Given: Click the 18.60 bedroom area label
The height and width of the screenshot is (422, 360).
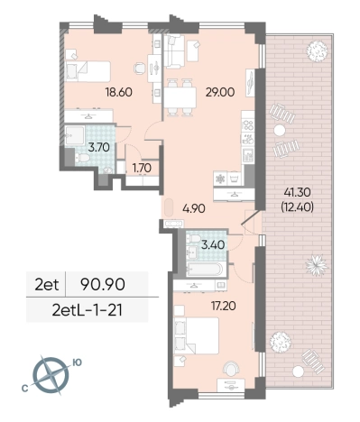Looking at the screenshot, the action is pyautogui.click(x=118, y=92).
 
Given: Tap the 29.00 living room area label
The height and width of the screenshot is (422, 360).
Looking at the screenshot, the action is pyautogui.click(x=220, y=92).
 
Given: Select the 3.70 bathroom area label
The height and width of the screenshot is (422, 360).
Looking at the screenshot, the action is pyautogui.click(x=98, y=148).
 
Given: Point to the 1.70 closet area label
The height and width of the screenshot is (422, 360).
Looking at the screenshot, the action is pyautogui.click(x=142, y=168).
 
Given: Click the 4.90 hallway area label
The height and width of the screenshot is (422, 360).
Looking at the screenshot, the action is pyautogui.click(x=194, y=208).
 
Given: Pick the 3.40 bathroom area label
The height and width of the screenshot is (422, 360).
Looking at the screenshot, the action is pyautogui.click(x=213, y=245).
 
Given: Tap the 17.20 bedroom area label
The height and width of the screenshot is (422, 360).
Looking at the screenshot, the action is pyautogui.click(x=223, y=307).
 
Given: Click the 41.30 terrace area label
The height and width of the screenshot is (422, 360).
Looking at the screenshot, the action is pyautogui.click(x=297, y=191).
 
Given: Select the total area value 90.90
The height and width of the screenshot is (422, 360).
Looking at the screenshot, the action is pyautogui.click(x=103, y=285).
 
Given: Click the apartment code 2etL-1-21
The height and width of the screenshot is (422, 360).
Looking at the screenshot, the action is pyautogui.click(x=88, y=310).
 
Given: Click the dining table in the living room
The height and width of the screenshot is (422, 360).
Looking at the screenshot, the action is pyautogui.click(x=180, y=97).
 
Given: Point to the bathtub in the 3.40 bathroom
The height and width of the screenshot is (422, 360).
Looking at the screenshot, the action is pyautogui.click(x=205, y=269).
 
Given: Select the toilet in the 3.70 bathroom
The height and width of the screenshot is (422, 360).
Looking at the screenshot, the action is pyautogui.click(x=82, y=157).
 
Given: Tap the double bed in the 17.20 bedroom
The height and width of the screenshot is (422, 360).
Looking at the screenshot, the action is pyautogui.click(x=197, y=335).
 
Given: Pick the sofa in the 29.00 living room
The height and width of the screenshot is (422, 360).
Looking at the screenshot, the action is pyautogui.click(x=173, y=51).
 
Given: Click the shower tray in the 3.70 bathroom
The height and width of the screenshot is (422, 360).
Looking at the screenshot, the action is pyautogui.click(x=75, y=135).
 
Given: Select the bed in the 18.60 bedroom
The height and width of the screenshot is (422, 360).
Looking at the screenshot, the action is pyautogui.click(x=88, y=71).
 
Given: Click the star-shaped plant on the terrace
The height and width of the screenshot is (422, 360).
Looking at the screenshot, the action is pyautogui.click(x=317, y=265).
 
